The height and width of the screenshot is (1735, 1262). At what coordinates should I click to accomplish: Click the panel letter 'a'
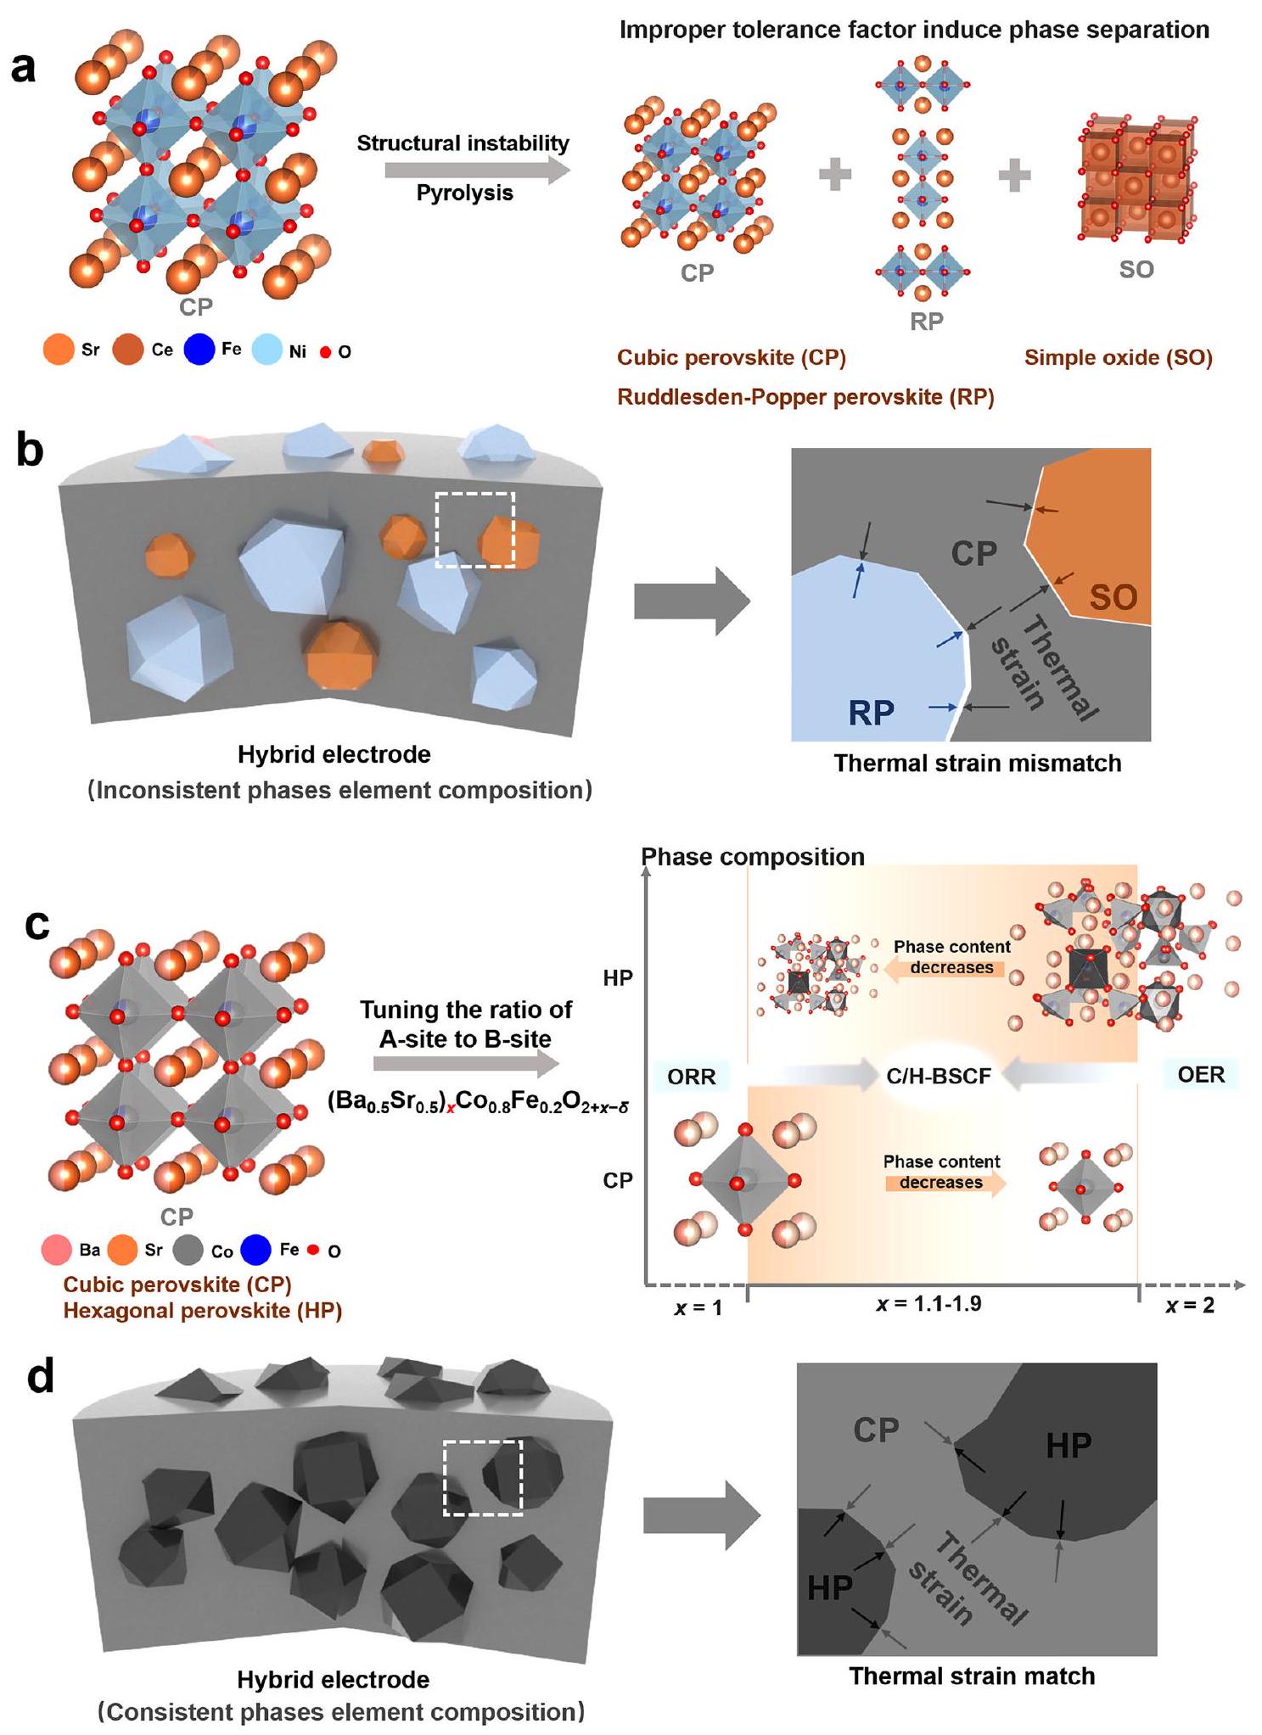pos(24,65)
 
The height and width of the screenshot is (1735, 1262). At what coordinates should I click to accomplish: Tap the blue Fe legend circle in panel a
pos(199,349)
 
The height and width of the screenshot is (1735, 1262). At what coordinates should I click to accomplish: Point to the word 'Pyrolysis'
pos(464,193)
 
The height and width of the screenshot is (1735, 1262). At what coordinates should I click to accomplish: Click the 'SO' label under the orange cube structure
pos(1136,270)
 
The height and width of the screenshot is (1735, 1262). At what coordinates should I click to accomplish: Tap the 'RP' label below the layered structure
pos(926,322)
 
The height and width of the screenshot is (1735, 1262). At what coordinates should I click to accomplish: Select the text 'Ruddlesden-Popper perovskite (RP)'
pos(805,397)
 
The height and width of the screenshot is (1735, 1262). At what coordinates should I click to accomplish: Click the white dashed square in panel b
pos(474,529)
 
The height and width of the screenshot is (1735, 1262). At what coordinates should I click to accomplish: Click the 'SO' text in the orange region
pos(1113,598)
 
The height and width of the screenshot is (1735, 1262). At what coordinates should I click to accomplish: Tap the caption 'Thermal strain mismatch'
pos(977,764)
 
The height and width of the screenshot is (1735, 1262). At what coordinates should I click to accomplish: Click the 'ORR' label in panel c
pos(691,1077)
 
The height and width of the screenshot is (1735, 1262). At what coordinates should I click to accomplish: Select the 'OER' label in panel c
pos(1201,1075)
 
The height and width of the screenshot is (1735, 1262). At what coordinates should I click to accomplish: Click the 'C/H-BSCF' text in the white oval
pos(939,1077)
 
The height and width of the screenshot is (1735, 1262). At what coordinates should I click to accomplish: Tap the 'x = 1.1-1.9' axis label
pos(928,1304)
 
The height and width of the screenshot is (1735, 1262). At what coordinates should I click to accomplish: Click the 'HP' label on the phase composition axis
pos(618,978)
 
